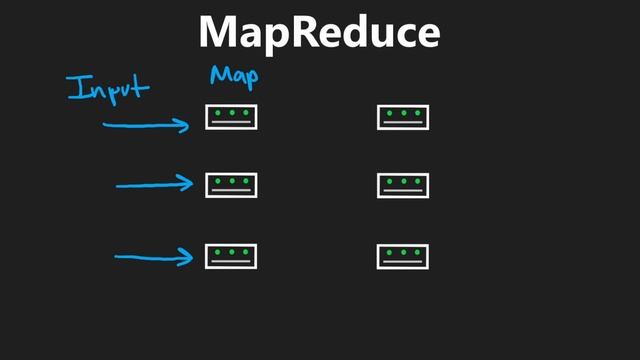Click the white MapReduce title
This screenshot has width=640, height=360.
[x=319, y=32]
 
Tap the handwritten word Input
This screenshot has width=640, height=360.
[x=108, y=87]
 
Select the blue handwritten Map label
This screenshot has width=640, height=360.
[x=234, y=76]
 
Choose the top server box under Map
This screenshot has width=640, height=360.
[x=232, y=117]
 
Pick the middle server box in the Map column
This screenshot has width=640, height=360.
[x=232, y=186]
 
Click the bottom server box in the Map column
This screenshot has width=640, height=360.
[x=232, y=256]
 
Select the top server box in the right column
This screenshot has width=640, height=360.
[x=403, y=117]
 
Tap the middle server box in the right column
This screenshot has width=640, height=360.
[x=403, y=186]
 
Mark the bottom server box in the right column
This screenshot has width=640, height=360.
[x=403, y=256]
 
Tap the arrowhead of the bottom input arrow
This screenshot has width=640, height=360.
[x=189, y=258]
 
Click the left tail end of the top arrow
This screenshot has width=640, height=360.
[x=105, y=125]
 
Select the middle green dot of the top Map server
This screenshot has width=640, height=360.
[x=232, y=112]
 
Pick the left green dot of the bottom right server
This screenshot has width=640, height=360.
[x=391, y=251]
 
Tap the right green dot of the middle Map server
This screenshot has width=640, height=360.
[x=244, y=181]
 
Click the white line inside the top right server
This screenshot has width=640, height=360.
[x=403, y=123]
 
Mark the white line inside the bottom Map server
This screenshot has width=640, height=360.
[x=232, y=262]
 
